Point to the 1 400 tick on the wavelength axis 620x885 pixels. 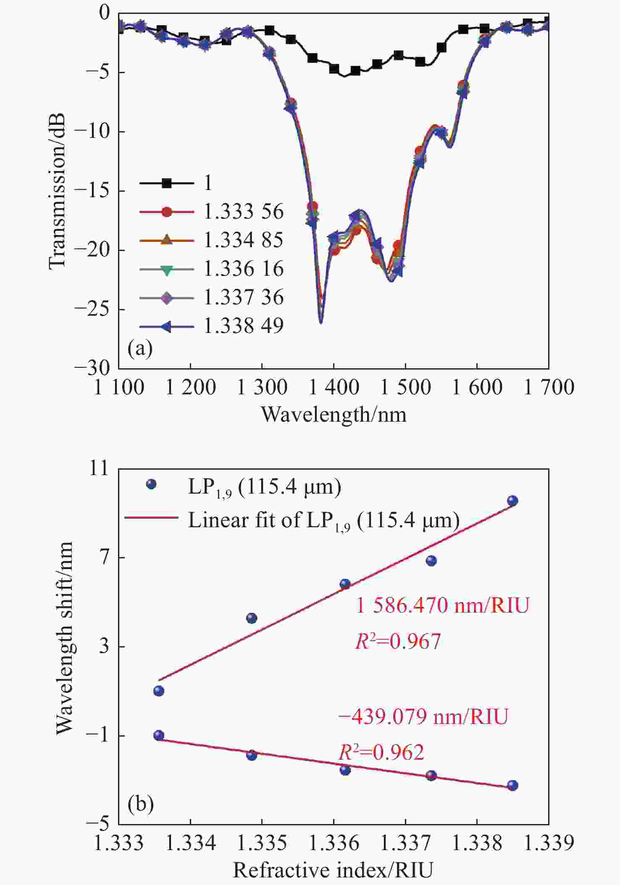(x=334, y=387)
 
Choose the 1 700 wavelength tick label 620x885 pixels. (x=549, y=387)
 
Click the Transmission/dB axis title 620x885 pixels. (x=58, y=190)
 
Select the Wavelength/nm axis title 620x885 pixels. (x=334, y=415)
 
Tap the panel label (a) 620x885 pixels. (x=140, y=349)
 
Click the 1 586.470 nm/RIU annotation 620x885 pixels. (x=442, y=606)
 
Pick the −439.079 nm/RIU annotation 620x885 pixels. (x=423, y=716)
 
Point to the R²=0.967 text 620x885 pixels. (x=398, y=642)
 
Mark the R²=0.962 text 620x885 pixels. (x=381, y=752)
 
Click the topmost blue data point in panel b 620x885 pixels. (x=512, y=501)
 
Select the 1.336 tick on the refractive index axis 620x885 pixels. (x=334, y=843)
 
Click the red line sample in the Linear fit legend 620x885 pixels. (x=151, y=518)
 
